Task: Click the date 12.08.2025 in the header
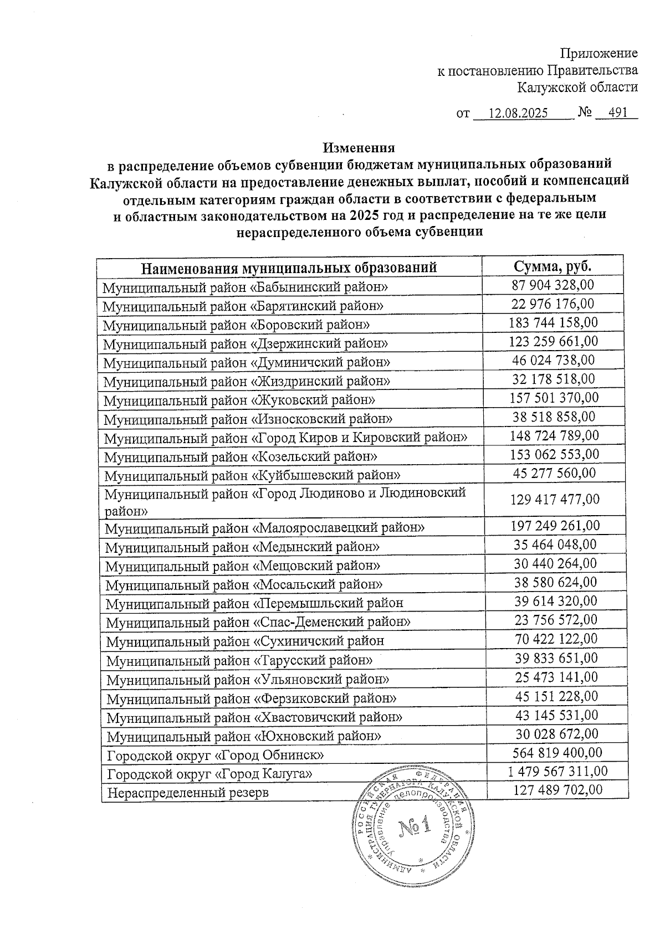(519, 114)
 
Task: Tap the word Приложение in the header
(599, 54)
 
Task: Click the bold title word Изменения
(359, 148)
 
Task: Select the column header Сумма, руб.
(553, 266)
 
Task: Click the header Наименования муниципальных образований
(289, 268)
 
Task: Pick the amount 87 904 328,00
(553, 285)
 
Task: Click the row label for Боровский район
(237, 325)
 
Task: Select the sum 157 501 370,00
(554, 398)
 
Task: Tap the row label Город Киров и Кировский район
(286, 438)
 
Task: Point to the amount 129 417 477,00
(554, 500)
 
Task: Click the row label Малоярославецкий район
(265, 528)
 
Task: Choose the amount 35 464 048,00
(555, 545)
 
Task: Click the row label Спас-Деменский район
(258, 622)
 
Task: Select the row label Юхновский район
(244, 737)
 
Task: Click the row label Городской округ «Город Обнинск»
(216, 756)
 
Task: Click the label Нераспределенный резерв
(188, 793)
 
